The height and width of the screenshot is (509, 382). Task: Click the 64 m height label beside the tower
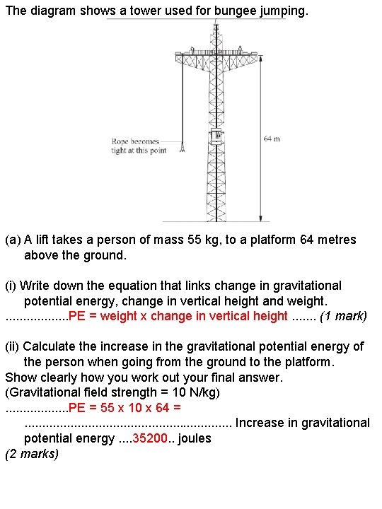click(x=272, y=139)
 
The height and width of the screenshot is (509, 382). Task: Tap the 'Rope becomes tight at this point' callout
click(x=138, y=146)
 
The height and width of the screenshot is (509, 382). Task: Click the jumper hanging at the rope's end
click(x=183, y=148)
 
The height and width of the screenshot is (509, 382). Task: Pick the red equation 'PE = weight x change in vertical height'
click(x=178, y=316)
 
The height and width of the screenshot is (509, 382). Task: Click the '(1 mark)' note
click(x=343, y=316)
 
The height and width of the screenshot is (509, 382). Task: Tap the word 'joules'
click(x=195, y=438)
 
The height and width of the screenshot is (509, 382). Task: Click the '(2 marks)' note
click(x=32, y=454)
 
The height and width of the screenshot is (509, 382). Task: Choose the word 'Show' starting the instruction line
click(x=20, y=378)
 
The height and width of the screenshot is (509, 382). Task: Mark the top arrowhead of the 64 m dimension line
click(x=261, y=59)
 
